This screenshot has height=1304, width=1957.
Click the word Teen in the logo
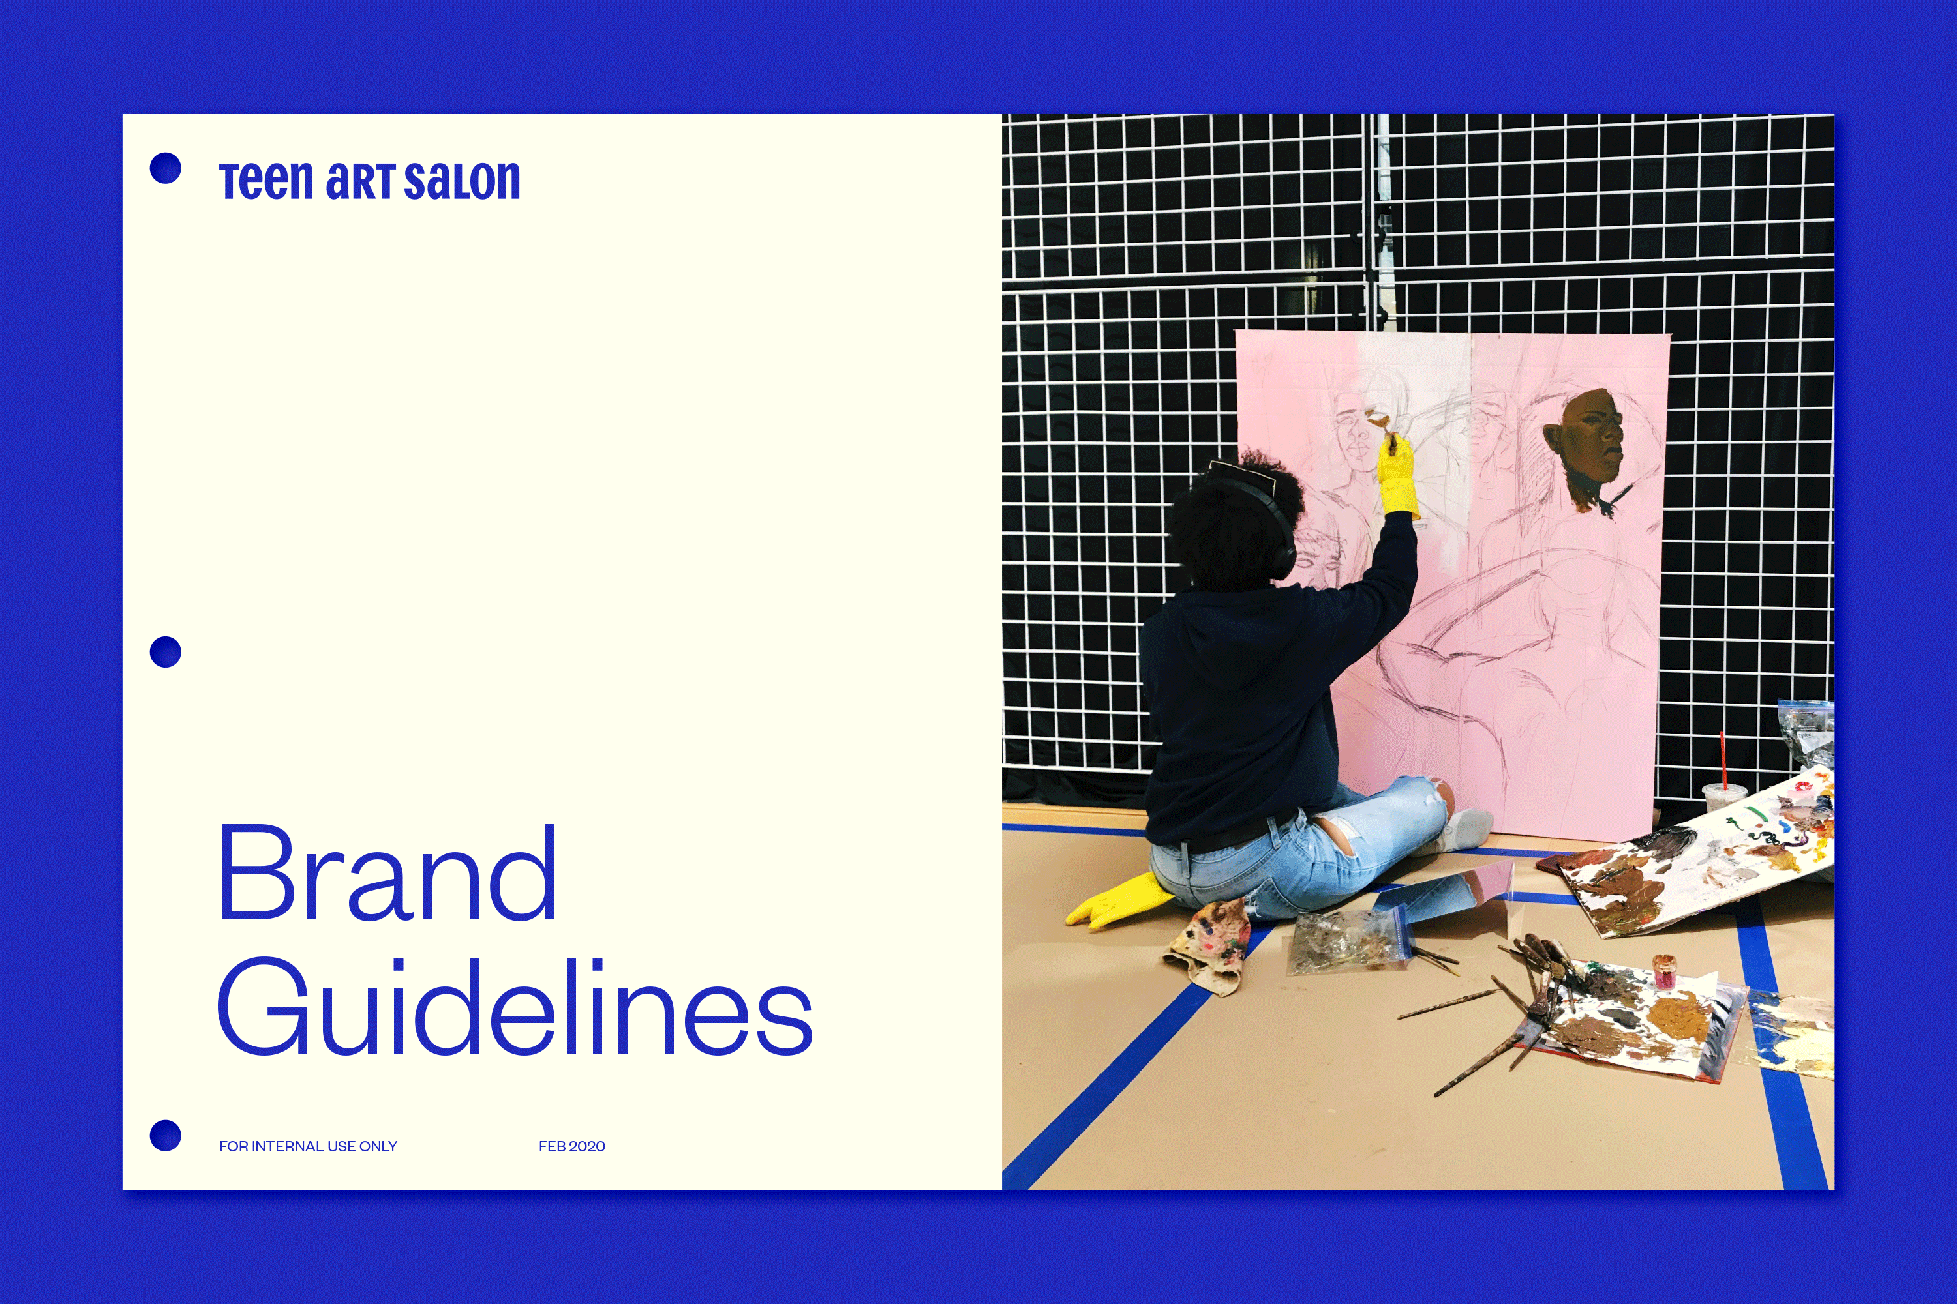[x=266, y=181]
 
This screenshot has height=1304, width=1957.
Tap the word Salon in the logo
[x=462, y=181]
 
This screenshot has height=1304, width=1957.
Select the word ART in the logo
[x=359, y=181]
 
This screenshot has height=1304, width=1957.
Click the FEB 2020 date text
[x=571, y=1146]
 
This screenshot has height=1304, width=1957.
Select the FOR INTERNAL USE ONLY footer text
[x=308, y=1146]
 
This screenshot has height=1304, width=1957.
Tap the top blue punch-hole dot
[x=166, y=168]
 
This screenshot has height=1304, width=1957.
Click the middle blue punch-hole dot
[x=166, y=652]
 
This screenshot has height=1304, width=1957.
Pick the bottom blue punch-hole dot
[x=166, y=1136]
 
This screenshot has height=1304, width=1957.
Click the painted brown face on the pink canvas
[x=1585, y=445]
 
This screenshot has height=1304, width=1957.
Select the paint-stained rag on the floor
[x=1206, y=944]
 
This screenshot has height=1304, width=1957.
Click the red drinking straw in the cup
[x=1722, y=761]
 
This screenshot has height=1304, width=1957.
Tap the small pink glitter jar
[x=1664, y=971]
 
